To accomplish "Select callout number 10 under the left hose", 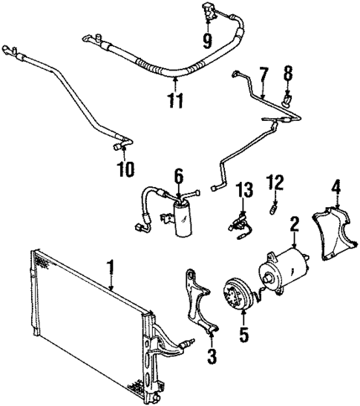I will pos(124,170).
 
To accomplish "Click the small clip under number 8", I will pos(287,96).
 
